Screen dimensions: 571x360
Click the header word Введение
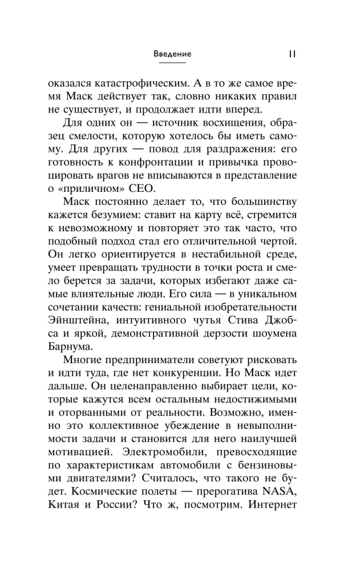(172, 54)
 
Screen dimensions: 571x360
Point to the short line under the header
(172, 63)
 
